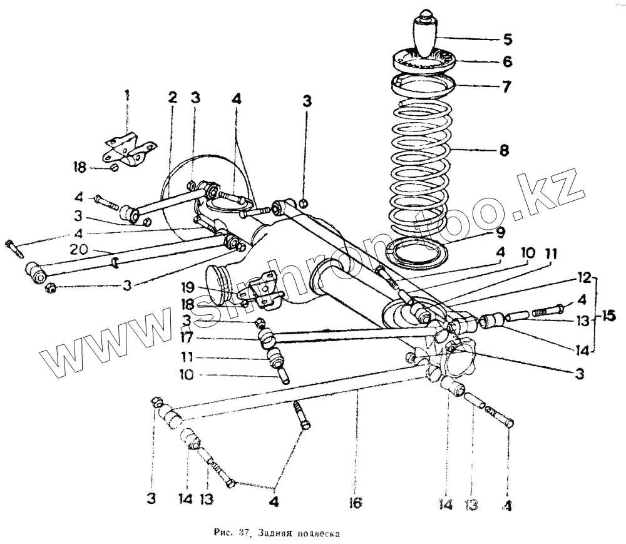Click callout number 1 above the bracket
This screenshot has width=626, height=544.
[127, 96]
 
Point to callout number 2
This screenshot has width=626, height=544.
[172, 98]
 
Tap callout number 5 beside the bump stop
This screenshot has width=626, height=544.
[508, 40]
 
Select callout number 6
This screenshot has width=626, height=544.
[507, 61]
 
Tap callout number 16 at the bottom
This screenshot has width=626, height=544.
[355, 501]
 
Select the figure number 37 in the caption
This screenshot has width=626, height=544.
[244, 534]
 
